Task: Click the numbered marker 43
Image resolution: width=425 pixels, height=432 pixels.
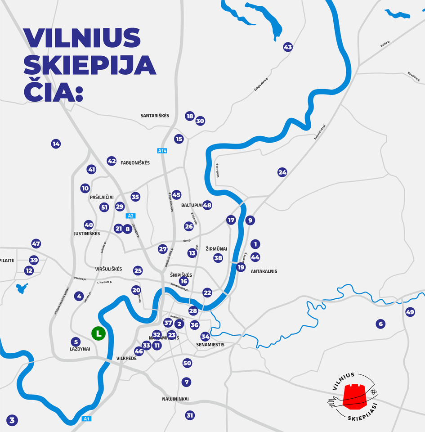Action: coord(288,47)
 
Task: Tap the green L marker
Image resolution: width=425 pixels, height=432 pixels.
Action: coord(98,333)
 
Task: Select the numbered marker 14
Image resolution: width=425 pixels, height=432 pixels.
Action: coord(56,144)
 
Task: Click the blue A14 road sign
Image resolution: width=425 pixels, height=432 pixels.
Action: coord(162,151)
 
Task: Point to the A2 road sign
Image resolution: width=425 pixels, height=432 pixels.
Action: coord(131,216)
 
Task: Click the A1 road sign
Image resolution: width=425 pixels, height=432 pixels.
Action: coord(87,419)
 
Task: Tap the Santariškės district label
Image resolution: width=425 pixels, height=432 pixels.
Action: coord(155,116)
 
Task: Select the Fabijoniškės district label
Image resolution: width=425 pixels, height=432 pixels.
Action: coord(135,163)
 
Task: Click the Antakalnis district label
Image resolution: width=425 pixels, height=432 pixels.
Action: coord(264,271)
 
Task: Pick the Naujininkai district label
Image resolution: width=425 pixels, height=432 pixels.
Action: coord(175,399)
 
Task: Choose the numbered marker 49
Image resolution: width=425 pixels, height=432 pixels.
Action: coord(410,312)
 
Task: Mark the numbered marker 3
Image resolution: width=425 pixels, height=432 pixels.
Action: coord(12,421)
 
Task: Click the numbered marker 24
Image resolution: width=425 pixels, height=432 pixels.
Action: coord(282,172)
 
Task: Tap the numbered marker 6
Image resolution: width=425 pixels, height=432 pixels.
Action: coord(380,324)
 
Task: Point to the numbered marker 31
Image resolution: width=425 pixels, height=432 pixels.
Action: coord(190,415)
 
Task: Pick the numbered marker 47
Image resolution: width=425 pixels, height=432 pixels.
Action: coord(36,244)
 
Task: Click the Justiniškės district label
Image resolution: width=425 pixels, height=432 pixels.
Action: coord(87,234)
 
